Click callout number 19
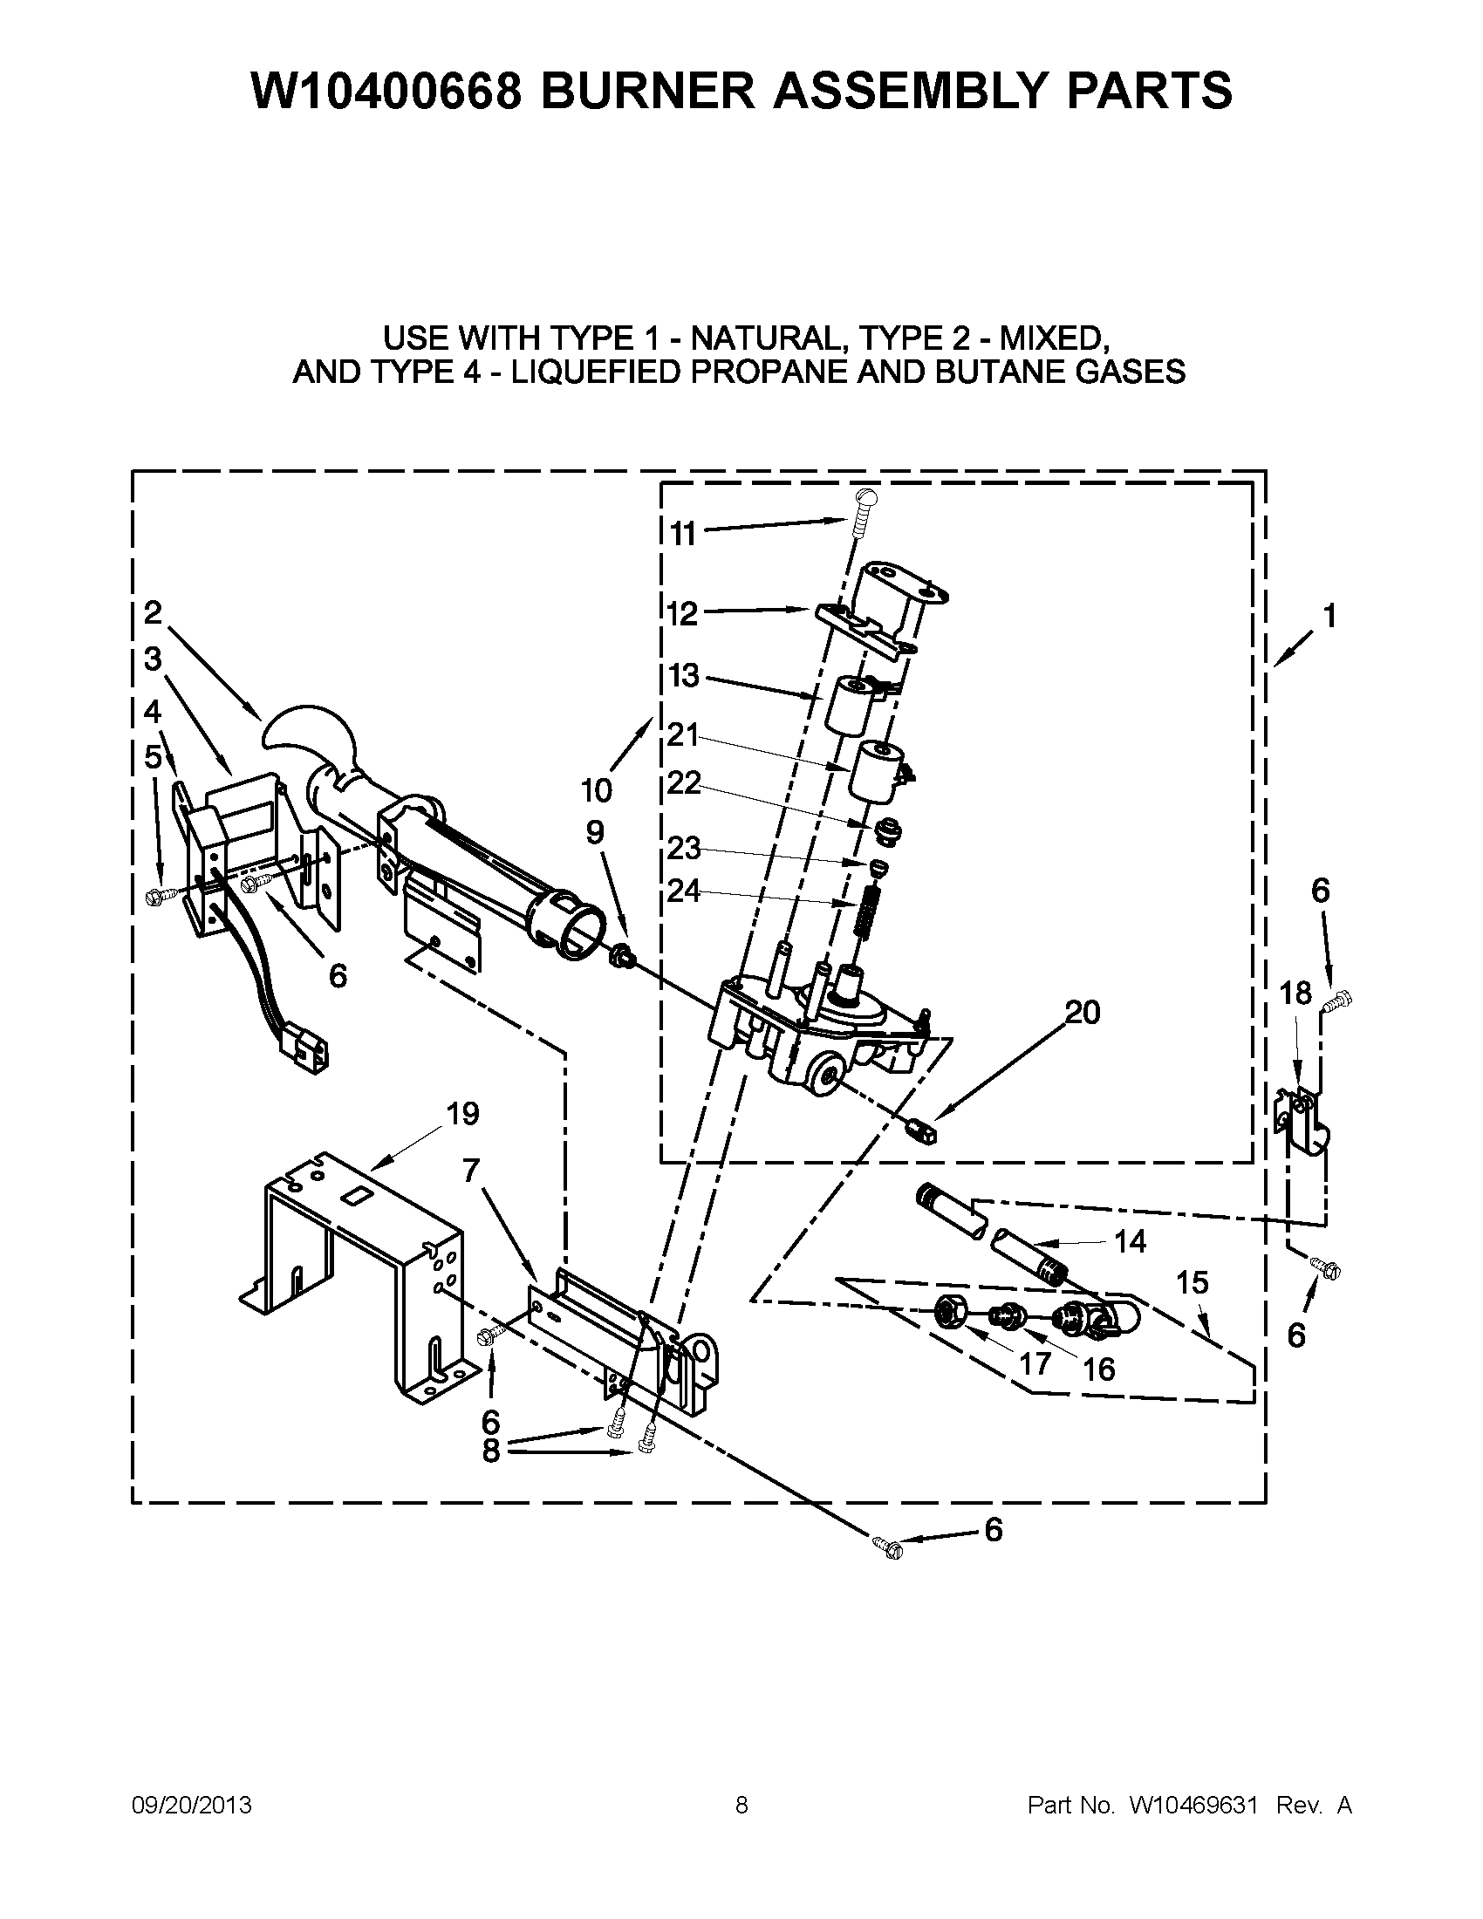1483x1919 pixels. pyautogui.click(x=462, y=1114)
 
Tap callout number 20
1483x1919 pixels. pyautogui.click(x=1083, y=1012)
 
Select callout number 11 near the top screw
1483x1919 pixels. pyautogui.click(x=683, y=533)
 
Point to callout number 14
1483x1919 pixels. pyautogui.click(x=1130, y=1241)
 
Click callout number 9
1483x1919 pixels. pyautogui.click(x=595, y=832)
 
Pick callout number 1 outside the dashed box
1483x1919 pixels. pyautogui.click(x=1329, y=616)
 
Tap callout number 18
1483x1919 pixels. pyautogui.click(x=1295, y=994)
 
